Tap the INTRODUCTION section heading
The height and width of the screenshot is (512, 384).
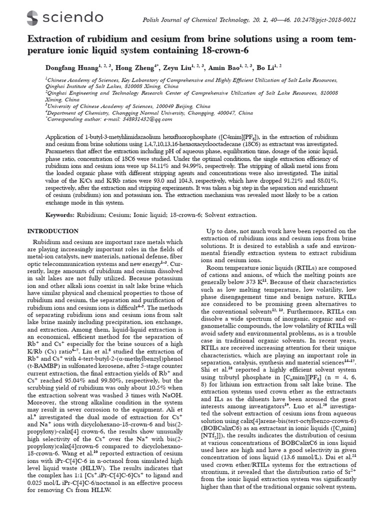coord(52,230)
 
